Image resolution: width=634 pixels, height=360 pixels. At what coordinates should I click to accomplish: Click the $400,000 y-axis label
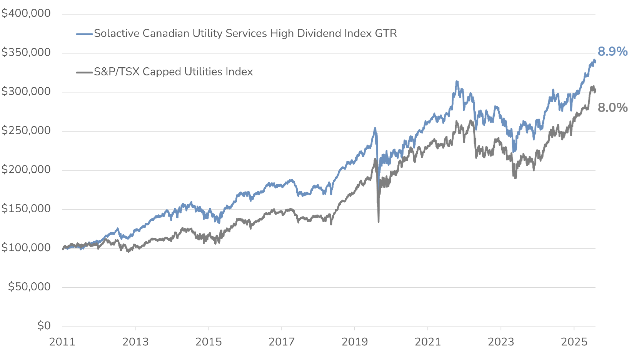click(26, 13)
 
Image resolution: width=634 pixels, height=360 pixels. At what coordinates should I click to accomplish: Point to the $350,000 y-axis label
click(26, 52)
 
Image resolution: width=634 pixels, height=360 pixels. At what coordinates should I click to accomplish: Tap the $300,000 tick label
click(26, 92)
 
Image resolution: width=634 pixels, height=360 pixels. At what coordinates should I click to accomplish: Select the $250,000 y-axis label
click(26, 131)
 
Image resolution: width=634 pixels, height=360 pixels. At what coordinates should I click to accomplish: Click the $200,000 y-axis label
click(26, 170)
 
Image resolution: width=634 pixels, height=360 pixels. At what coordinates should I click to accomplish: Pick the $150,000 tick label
click(26, 209)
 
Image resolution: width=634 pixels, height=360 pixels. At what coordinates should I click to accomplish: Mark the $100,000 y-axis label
click(26, 248)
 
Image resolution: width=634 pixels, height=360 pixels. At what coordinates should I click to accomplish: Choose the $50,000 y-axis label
click(29, 287)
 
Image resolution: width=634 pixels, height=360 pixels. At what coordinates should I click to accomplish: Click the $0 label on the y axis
click(44, 326)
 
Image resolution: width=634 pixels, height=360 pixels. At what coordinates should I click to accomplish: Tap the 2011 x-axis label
click(62, 342)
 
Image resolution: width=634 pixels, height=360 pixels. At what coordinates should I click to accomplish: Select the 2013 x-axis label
click(135, 342)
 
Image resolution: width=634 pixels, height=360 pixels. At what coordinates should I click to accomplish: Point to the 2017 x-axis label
click(282, 342)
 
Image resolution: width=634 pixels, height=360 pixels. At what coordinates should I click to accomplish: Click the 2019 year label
click(355, 342)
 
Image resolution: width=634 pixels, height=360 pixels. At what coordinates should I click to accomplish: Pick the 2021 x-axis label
click(428, 342)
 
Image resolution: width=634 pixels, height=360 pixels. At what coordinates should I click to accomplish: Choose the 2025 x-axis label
click(574, 342)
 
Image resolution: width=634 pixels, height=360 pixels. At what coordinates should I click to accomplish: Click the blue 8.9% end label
click(612, 52)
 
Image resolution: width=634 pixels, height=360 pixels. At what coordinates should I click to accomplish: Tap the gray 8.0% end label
click(612, 108)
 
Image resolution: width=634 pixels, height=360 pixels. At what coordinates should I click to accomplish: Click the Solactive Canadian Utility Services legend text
click(245, 33)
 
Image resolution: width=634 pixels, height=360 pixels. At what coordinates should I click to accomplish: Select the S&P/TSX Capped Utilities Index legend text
click(174, 72)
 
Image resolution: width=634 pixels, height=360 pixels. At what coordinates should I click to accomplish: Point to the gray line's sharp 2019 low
click(379, 221)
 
